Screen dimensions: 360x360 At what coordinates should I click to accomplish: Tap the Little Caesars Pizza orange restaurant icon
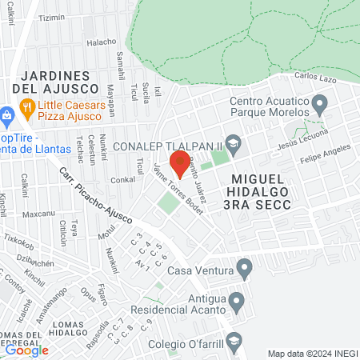click(x=26, y=106)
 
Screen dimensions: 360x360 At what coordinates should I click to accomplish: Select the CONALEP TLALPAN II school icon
click(x=233, y=146)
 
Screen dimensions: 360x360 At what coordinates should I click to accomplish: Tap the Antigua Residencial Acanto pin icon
click(x=236, y=302)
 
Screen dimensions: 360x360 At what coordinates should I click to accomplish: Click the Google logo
click(x=26, y=350)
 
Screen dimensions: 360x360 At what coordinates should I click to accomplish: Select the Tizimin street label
click(x=51, y=18)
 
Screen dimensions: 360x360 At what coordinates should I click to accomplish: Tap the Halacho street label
click(x=102, y=42)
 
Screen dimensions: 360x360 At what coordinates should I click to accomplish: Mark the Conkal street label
click(x=122, y=179)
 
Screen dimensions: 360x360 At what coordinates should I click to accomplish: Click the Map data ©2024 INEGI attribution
click(x=312, y=353)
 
